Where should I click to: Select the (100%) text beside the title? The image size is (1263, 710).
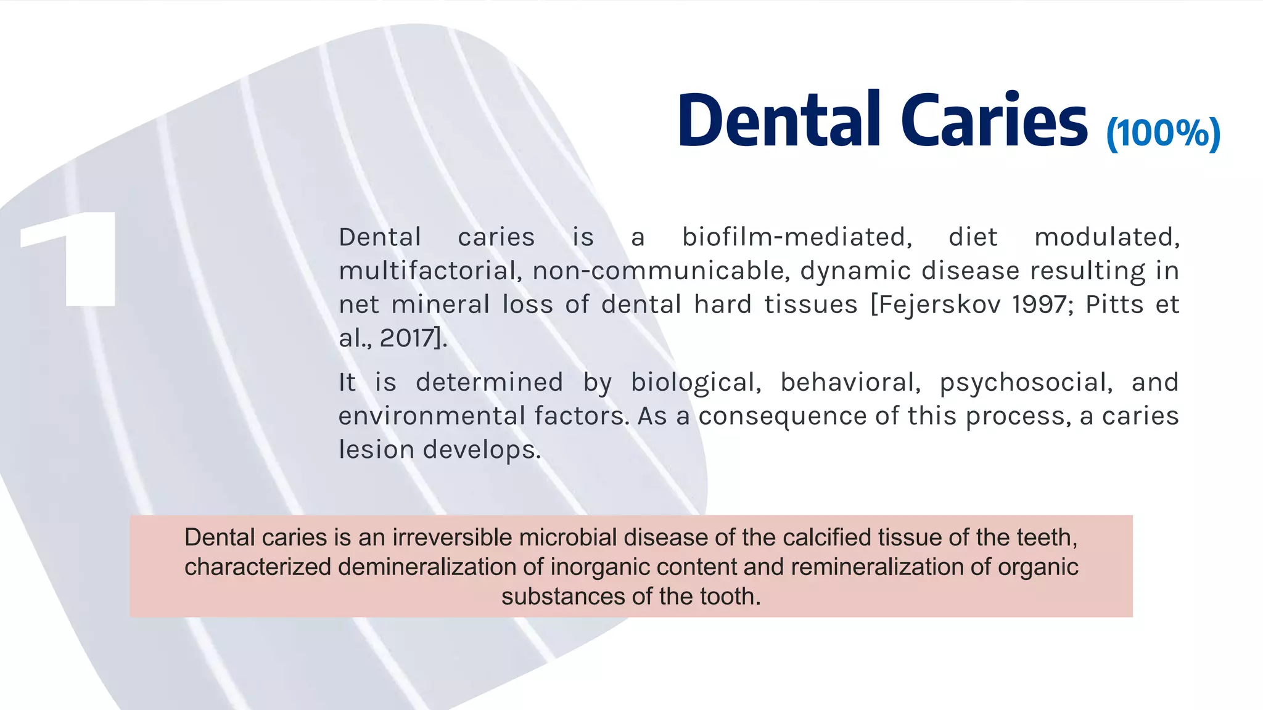pyautogui.click(x=1163, y=133)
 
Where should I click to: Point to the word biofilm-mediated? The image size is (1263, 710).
pyautogui.click(x=797, y=237)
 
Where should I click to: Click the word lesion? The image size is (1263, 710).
pyautogui.click(x=376, y=450)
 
